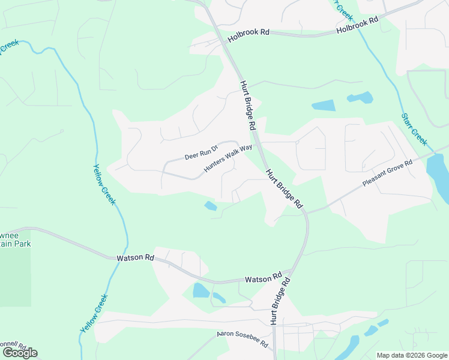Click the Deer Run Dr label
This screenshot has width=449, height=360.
[x=199, y=155]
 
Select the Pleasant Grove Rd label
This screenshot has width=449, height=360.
[x=388, y=173]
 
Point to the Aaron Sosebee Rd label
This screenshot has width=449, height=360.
[x=243, y=333]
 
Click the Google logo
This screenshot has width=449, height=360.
[x=20, y=352]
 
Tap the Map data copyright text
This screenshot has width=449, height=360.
[x=412, y=355]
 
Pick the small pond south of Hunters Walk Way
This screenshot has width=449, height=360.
[x=211, y=206]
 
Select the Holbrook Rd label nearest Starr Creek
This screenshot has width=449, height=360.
[x=357, y=25]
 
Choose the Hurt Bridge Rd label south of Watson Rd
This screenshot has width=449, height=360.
[x=280, y=301]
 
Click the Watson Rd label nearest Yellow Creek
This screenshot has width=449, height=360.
[x=135, y=257]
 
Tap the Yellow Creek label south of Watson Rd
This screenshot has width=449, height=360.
[x=95, y=314]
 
